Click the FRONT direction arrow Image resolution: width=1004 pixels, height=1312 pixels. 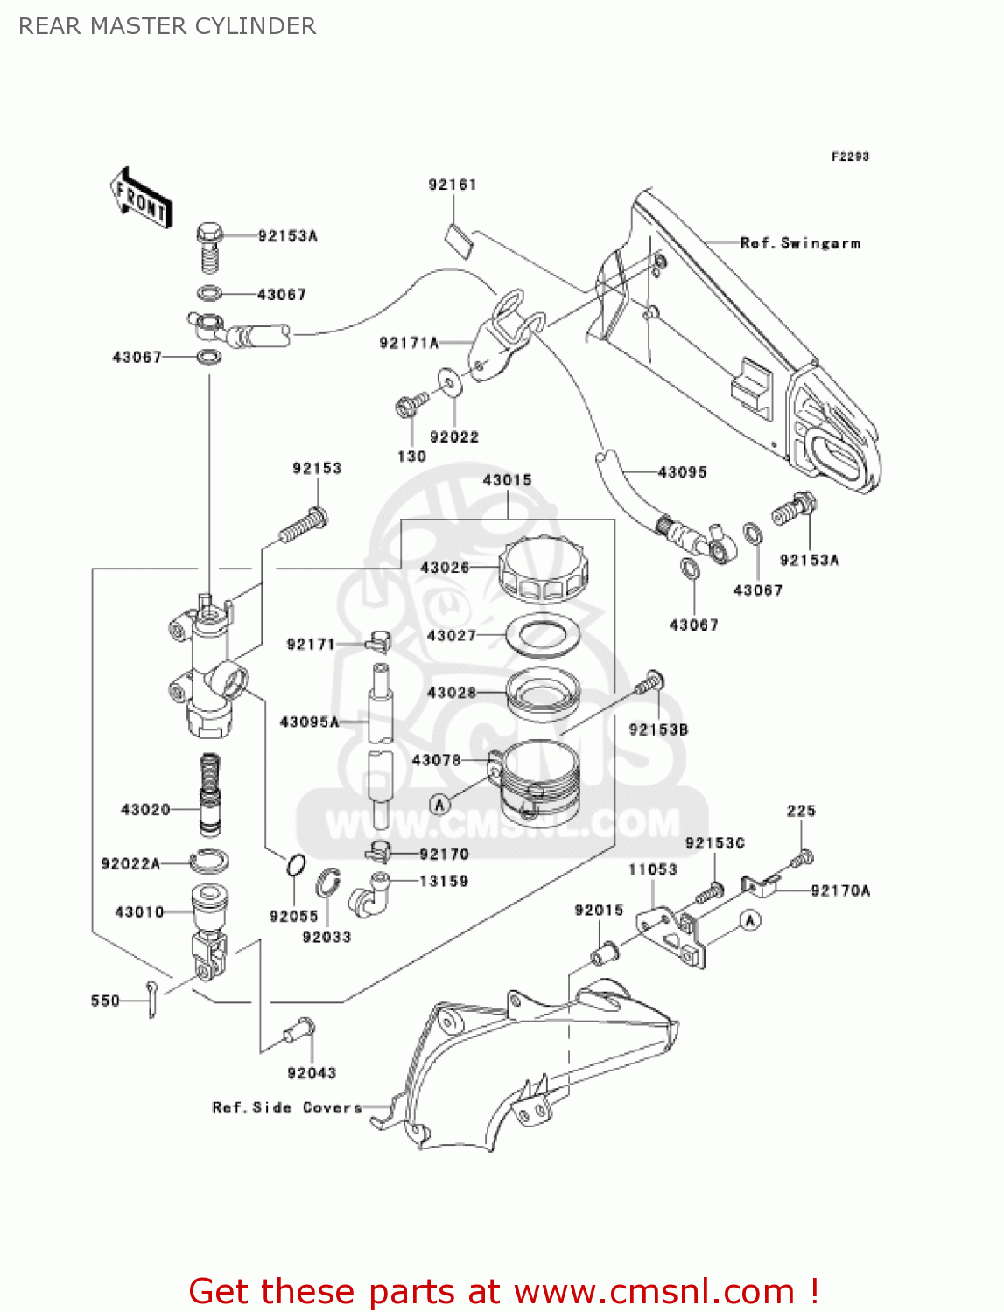(x=141, y=199)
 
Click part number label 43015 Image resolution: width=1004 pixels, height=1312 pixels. (x=507, y=479)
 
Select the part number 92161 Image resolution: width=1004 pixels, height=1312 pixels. (x=453, y=185)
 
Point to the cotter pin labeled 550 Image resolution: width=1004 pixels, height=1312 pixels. (x=152, y=998)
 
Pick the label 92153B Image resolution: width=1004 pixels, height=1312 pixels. (x=658, y=729)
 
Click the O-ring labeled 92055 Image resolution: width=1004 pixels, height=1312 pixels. (x=296, y=866)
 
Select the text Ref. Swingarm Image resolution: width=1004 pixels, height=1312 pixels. (x=800, y=243)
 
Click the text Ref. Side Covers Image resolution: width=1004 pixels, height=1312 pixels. (x=287, y=1107)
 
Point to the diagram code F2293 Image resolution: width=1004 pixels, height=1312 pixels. (x=850, y=157)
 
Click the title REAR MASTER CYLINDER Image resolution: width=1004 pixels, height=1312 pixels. (x=167, y=26)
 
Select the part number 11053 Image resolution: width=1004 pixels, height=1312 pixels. (x=652, y=869)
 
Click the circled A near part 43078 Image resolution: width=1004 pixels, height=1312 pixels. (x=439, y=804)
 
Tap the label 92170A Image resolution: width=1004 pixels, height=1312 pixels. (x=840, y=890)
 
